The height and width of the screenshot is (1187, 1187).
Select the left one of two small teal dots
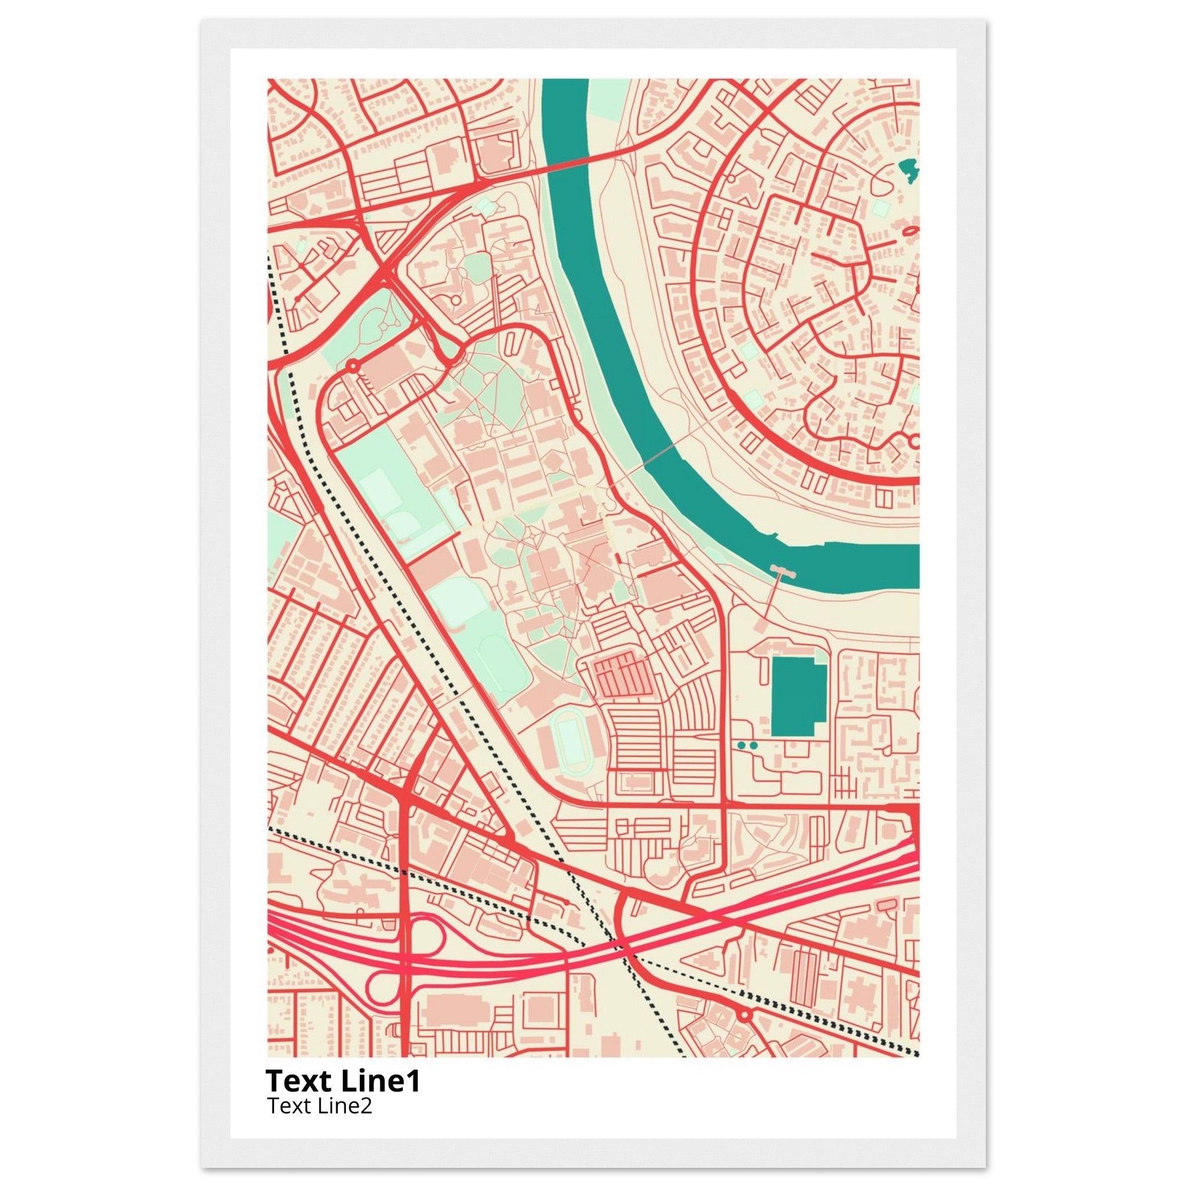[741, 745]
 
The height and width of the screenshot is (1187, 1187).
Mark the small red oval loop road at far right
[910, 231]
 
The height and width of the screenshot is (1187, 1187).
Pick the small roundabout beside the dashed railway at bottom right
[745, 1014]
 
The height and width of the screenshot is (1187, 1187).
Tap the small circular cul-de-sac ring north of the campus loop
[455, 300]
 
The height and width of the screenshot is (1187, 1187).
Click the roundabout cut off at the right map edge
[913, 441]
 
